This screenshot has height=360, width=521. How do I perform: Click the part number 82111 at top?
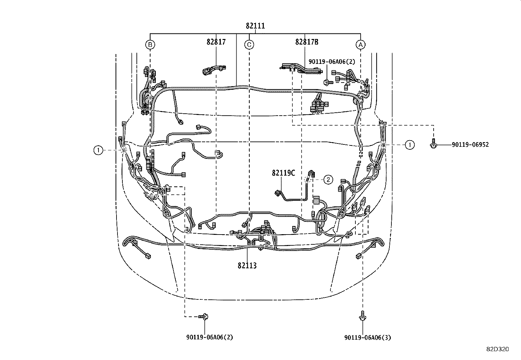click(255, 26)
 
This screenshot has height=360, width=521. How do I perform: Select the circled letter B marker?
click(150, 44)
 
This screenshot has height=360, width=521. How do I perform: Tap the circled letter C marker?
click(249, 44)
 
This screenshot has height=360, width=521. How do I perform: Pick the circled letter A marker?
click(360, 44)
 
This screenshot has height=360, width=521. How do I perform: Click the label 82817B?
click(307, 42)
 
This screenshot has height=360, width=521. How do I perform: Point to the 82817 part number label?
click(216, 42)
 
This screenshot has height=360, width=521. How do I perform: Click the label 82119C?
click(283, 173)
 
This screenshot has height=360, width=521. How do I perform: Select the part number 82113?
click(247, 266)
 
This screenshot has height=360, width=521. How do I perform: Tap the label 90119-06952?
click(470, 144)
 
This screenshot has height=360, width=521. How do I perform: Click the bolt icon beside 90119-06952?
click(433, 145)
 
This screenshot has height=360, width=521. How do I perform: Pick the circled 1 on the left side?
click(98, 150)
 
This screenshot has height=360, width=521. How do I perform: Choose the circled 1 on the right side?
click(409, 144)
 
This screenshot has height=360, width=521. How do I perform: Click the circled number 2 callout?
click(328, 179)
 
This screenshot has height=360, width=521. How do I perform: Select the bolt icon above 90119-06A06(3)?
click(362, 316)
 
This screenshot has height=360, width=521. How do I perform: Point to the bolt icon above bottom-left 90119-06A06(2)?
click(204, 316)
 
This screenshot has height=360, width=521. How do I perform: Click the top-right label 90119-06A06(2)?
click(331, 61)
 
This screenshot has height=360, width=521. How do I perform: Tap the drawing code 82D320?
click(497, 350)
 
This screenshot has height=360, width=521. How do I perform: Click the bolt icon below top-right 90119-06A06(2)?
click(327, 82)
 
